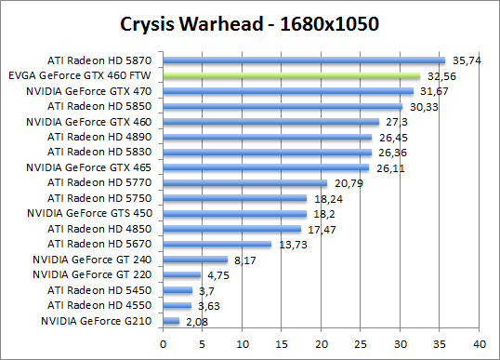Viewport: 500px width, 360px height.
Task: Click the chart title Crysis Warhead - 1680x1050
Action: [249, 22]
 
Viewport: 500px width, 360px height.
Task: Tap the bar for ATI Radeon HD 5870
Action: [304, 60]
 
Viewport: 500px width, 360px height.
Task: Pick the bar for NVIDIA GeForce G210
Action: [171, 321]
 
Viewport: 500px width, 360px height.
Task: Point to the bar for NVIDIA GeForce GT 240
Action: [195, 260]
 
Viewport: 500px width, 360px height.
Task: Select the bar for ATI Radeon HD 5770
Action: [245, 182]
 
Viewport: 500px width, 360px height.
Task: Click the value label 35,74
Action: [464, 60]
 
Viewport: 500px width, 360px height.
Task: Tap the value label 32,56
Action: [439, 76]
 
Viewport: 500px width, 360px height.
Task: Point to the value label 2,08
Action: [196, 322]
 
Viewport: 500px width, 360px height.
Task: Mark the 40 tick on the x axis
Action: [480, 340]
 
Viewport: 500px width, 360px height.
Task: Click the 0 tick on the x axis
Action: [164, 340]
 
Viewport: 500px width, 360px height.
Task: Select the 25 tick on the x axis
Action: [361, 340]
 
